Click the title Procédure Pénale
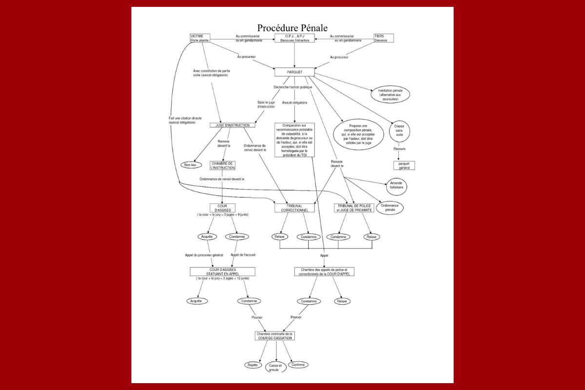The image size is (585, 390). (292, 28)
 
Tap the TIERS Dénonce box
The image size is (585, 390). (383, 38)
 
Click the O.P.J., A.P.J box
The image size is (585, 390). (294, 38)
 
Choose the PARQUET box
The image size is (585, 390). (294, 72)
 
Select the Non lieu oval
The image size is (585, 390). (190, 165)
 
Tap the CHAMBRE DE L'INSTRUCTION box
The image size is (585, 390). (223, 165)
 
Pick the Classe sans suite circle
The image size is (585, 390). (399, 131)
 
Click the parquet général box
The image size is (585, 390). (404, 165)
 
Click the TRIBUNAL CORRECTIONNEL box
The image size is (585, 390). (294, 208)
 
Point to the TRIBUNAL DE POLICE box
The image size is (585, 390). (353, 208)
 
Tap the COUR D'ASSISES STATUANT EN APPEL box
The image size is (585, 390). (222, 272)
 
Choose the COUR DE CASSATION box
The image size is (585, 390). (275, 335)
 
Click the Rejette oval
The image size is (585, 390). (252, 365)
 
